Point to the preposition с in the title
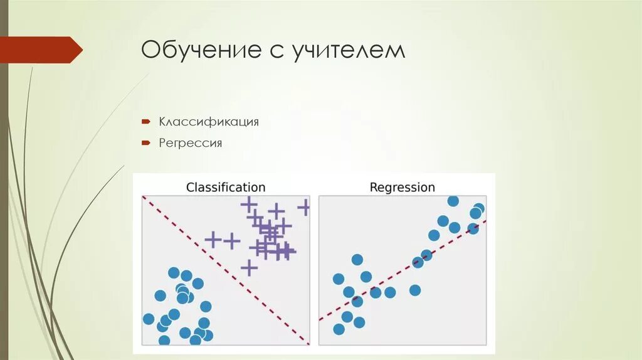pos(277,51)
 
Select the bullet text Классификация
pos(209,121)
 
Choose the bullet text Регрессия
pos(191,143)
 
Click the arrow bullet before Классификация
pos(145,121)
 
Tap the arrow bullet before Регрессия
pos(145,143)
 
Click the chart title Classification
pos(226,187)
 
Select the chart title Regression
pos(402,187)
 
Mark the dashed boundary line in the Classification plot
pos(226,270)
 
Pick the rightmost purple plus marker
pos(305,207)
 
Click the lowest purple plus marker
pos(250,268)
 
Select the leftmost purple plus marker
pos(213,239)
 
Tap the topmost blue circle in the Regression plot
pos(453,201)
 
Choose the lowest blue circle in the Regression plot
pos(339,329)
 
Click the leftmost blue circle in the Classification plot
pos(149,319)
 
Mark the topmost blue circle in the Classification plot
pos(174,273)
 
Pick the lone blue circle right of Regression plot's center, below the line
pos(414,290)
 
